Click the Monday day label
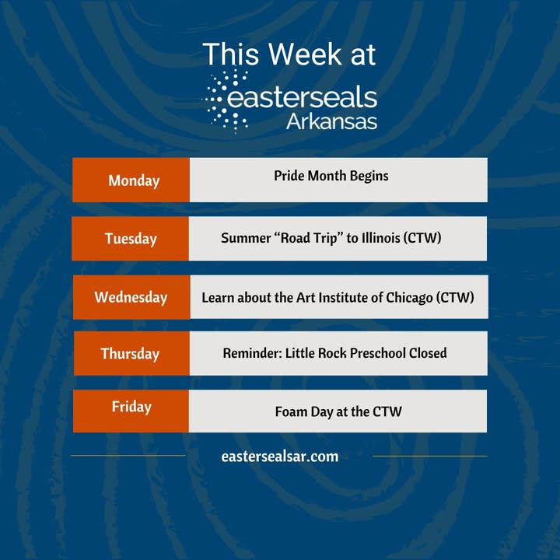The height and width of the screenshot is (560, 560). point(134,180)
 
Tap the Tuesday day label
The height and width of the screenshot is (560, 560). point(131,239)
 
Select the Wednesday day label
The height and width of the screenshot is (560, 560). point(131,297)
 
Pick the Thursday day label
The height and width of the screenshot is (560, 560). point(131,354)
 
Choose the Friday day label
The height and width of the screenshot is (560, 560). point(131,407)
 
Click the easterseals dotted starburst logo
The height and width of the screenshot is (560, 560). point(226,100)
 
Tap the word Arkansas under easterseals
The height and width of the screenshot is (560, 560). point(331,122)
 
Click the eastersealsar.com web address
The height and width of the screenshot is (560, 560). point(280,457)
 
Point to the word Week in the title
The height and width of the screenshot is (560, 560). point(306,54)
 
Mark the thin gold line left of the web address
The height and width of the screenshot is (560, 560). point(128,456)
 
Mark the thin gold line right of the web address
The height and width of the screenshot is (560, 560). point(430,456)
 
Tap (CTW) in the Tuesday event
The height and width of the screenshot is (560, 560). point(422,238)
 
